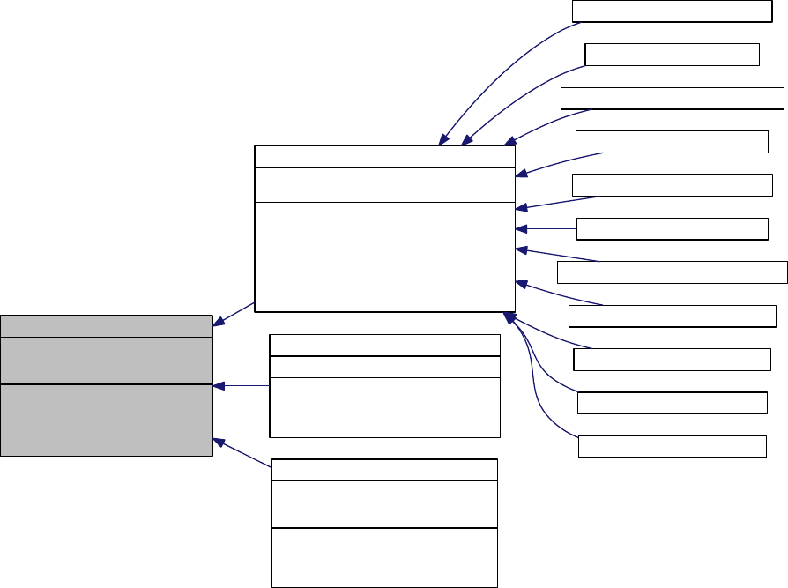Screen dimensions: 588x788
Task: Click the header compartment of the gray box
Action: tap(106, 325)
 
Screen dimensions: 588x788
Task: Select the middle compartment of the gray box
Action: tap(106, 360)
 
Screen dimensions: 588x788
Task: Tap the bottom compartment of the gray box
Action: tap(106, 420)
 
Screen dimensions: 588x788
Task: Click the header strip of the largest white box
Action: tap(383, 156)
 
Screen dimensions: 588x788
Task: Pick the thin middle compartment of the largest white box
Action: tap(383, 184)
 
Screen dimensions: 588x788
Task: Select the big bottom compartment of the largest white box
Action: tap(383, 256)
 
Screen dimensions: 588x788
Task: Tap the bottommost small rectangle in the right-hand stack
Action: tap(672, 447)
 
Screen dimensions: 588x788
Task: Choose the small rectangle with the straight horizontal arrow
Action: tap(672, 229)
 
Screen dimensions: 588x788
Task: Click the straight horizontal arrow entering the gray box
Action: tap(242, 385)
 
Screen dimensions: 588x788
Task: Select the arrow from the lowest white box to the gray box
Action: tap(245, 454)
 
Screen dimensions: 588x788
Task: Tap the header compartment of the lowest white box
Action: tap(384, 470)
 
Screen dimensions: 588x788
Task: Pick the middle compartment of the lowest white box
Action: tap(384, 504)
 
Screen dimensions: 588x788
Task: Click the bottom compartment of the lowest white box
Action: tap(384, 557)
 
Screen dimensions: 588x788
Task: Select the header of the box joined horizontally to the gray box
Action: tap(384, 345)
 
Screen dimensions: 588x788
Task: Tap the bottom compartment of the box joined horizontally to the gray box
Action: tap(384, 407)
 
